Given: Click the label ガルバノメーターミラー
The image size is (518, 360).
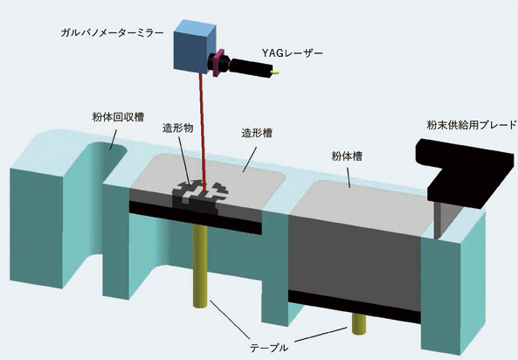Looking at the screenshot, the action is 112,33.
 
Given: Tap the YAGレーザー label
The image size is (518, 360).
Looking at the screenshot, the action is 292,53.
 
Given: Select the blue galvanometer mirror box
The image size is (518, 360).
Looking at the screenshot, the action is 195,46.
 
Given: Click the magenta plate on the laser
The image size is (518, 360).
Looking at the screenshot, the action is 219,62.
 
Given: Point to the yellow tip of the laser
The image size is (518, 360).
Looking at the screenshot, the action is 275,72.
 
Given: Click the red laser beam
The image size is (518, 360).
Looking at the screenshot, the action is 203,132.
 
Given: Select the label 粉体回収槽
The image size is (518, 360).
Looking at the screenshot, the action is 118,117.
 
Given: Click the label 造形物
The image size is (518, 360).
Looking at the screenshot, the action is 177,128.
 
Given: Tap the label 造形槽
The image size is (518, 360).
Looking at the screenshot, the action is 257,134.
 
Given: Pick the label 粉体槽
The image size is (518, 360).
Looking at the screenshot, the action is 347,156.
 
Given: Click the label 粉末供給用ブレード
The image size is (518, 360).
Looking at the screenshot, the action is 472,125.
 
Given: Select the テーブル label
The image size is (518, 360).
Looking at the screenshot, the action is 268,348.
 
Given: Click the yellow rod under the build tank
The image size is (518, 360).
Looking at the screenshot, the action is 200,267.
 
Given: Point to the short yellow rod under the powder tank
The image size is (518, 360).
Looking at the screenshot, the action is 359,324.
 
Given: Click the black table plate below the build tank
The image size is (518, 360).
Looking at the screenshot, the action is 196,218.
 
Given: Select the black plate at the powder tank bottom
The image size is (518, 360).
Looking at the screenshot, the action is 354,307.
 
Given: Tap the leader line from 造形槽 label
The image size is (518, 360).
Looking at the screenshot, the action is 250,160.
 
